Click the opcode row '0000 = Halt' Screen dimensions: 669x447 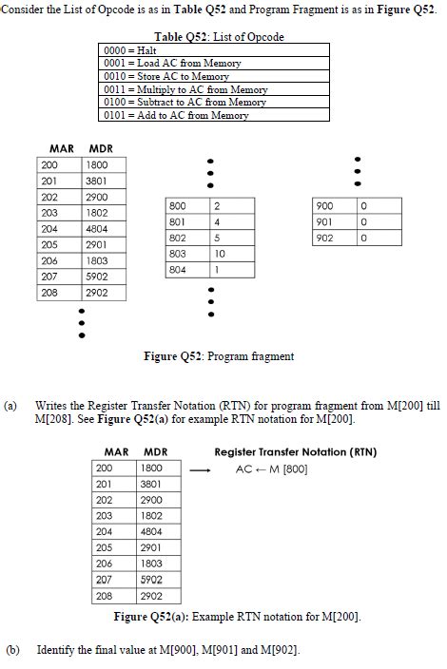215,49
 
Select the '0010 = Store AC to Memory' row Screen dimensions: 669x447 215,76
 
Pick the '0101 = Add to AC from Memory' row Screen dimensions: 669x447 215,115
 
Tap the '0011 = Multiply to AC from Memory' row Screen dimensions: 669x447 215,89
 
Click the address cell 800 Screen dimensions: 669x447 178,206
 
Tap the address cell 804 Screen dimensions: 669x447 178,270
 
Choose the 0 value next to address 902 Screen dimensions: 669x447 363,239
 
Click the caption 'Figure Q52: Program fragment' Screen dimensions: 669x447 218,356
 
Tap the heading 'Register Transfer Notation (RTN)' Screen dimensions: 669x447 295,451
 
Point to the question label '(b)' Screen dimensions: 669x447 12,650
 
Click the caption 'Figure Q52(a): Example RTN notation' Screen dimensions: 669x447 237,617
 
